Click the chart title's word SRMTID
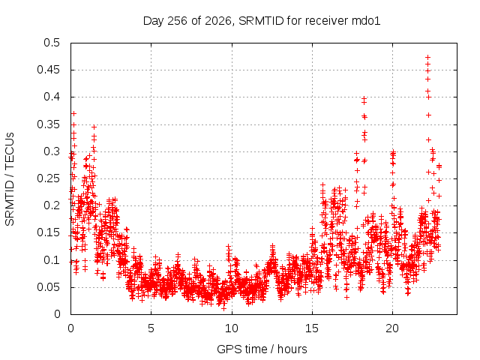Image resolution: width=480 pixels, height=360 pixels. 261,21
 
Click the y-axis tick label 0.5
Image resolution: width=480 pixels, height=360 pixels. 52,43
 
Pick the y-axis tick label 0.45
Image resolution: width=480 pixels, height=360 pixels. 49,70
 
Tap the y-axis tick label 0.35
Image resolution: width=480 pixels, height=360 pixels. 49,124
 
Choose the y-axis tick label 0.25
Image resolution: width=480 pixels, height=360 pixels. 49,178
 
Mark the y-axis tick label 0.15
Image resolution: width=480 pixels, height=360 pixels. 49,232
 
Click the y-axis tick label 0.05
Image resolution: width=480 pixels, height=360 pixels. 49,287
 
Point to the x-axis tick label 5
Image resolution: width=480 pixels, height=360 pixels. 151,328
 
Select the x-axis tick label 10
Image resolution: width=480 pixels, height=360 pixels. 232,328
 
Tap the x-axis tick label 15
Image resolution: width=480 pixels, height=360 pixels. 312,328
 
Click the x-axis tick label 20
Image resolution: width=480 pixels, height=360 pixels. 392,328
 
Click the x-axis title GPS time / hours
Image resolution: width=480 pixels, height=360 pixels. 262,349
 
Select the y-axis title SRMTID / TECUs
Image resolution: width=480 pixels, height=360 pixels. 10,179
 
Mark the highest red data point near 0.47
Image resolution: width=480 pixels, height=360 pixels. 428,57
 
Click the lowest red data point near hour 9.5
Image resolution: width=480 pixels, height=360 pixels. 223,308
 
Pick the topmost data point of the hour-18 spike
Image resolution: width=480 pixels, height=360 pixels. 364,98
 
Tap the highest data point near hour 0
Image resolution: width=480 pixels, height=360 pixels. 73,113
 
